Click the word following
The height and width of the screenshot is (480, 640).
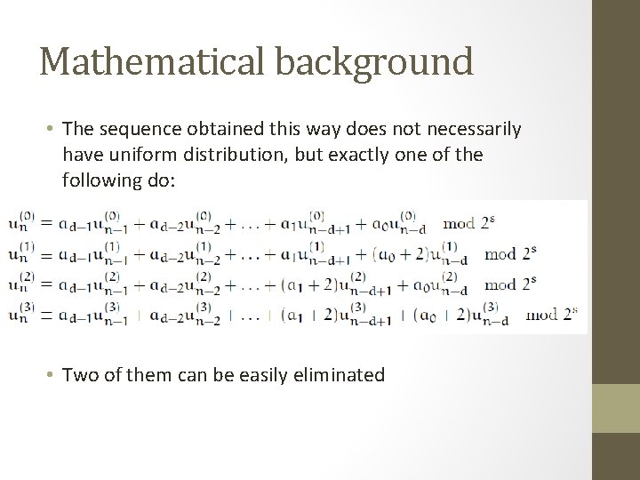[x=99, y=180]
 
